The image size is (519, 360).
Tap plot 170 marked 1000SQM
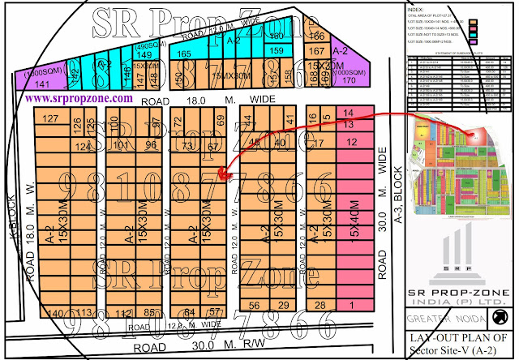click(x=350, y=80)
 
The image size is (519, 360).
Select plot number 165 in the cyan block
click(x=184, y=54)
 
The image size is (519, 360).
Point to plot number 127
click(x=51, y=119)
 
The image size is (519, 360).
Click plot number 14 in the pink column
click(x=349, y=112)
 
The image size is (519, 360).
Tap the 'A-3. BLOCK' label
click(x=398, y=195)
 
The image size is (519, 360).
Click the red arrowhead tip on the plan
click(x=222, y=173)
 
